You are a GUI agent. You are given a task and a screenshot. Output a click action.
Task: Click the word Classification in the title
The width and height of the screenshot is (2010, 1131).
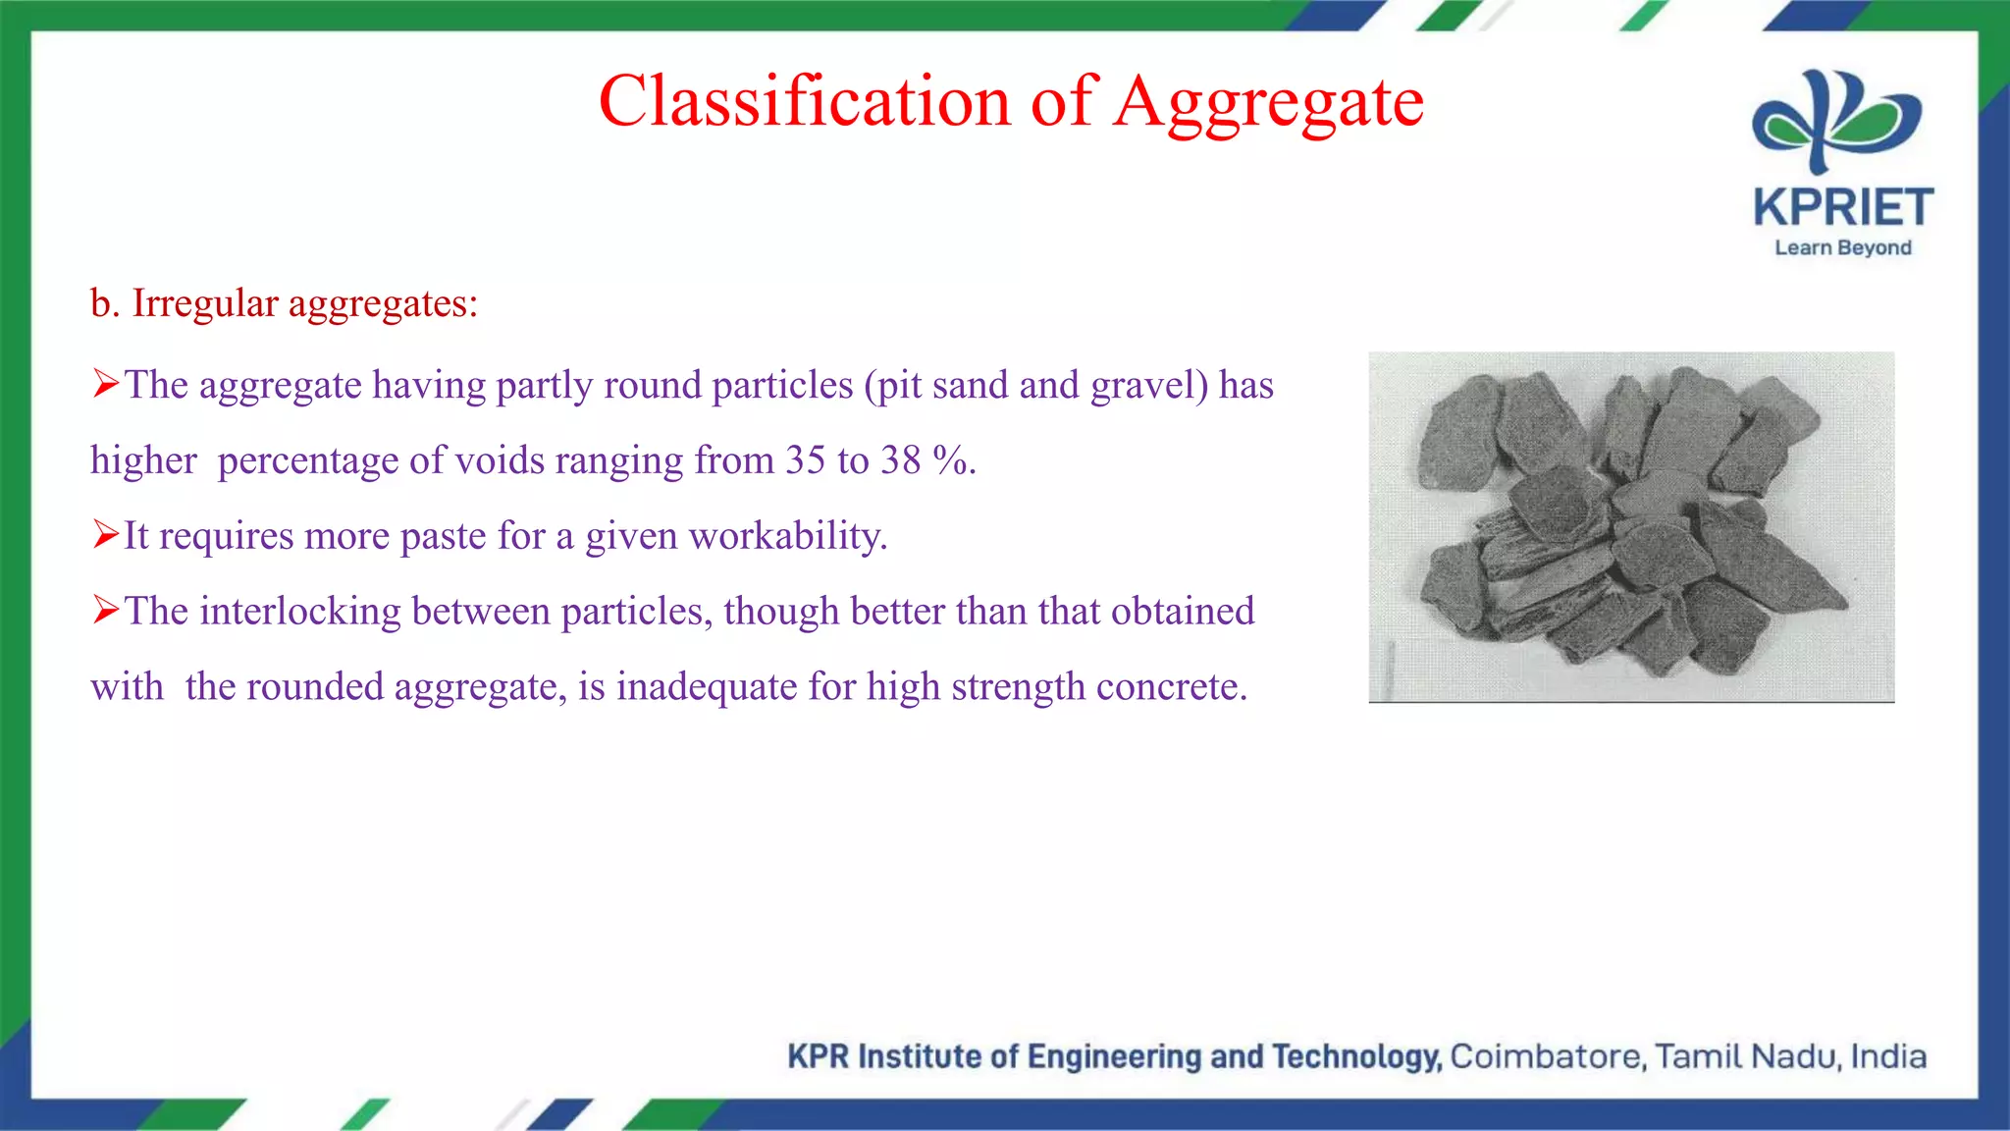pos(804,101)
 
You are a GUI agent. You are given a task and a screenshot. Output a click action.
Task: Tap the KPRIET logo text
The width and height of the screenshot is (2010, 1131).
pos(1842,208)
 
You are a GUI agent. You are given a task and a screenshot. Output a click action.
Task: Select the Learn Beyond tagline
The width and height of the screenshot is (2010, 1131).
pos(1842,247)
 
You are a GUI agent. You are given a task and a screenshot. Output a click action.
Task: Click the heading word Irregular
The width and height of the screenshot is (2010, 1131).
pos(205,303)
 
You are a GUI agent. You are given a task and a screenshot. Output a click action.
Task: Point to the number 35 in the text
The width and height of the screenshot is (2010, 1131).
pos(805,460)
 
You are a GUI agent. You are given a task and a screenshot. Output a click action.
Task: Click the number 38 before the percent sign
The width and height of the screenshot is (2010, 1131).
pos(900,460)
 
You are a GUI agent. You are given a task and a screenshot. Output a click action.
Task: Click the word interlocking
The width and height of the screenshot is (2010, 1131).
pos(299,612)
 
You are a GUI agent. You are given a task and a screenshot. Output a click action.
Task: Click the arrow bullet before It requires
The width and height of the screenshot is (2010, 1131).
pos(105,535)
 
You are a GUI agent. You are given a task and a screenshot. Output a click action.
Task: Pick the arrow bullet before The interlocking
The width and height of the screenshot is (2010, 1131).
pos(105,611)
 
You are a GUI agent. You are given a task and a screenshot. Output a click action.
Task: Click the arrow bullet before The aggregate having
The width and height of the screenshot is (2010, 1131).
pos(105,384)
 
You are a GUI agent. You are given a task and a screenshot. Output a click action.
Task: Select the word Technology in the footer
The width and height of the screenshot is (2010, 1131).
pos(1356,1056)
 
